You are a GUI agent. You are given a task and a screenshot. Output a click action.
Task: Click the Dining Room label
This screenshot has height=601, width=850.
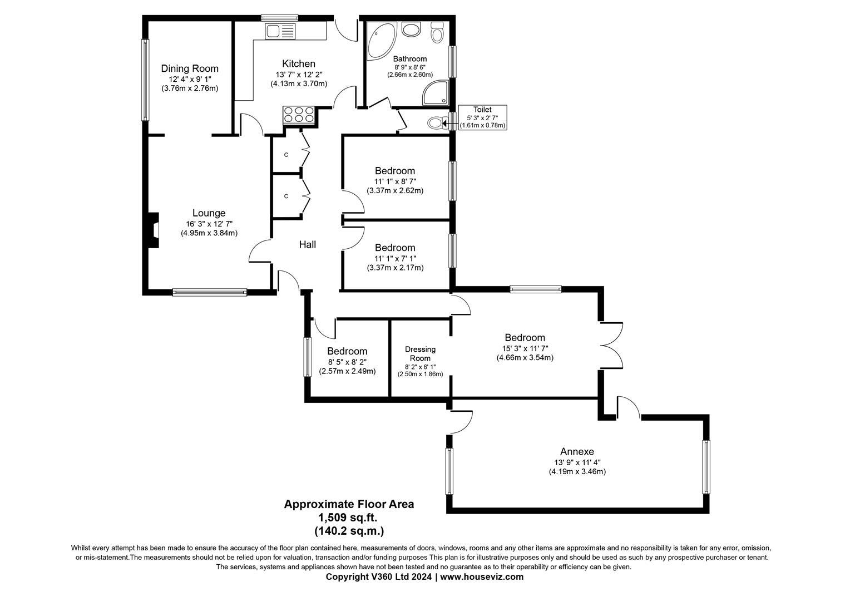190,68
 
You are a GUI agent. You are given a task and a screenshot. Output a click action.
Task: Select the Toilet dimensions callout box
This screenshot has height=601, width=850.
482,117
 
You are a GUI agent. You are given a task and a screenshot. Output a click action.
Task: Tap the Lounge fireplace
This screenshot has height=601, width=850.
153,230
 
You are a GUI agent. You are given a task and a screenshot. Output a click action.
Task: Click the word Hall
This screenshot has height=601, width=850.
308,244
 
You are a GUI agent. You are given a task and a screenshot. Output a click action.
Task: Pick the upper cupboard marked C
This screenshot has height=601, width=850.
286,155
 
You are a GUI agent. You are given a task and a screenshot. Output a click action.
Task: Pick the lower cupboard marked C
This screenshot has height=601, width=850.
286,196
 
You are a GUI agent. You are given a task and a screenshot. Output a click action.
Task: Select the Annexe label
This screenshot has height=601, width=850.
577,451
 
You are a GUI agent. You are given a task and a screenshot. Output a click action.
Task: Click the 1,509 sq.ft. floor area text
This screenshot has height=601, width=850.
349,518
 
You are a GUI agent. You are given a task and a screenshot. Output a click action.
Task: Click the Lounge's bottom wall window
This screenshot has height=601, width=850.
209,292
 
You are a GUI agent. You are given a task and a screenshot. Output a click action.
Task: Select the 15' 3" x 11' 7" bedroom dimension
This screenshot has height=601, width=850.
525,348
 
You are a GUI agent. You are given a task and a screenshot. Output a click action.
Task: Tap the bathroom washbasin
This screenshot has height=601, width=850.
411,29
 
